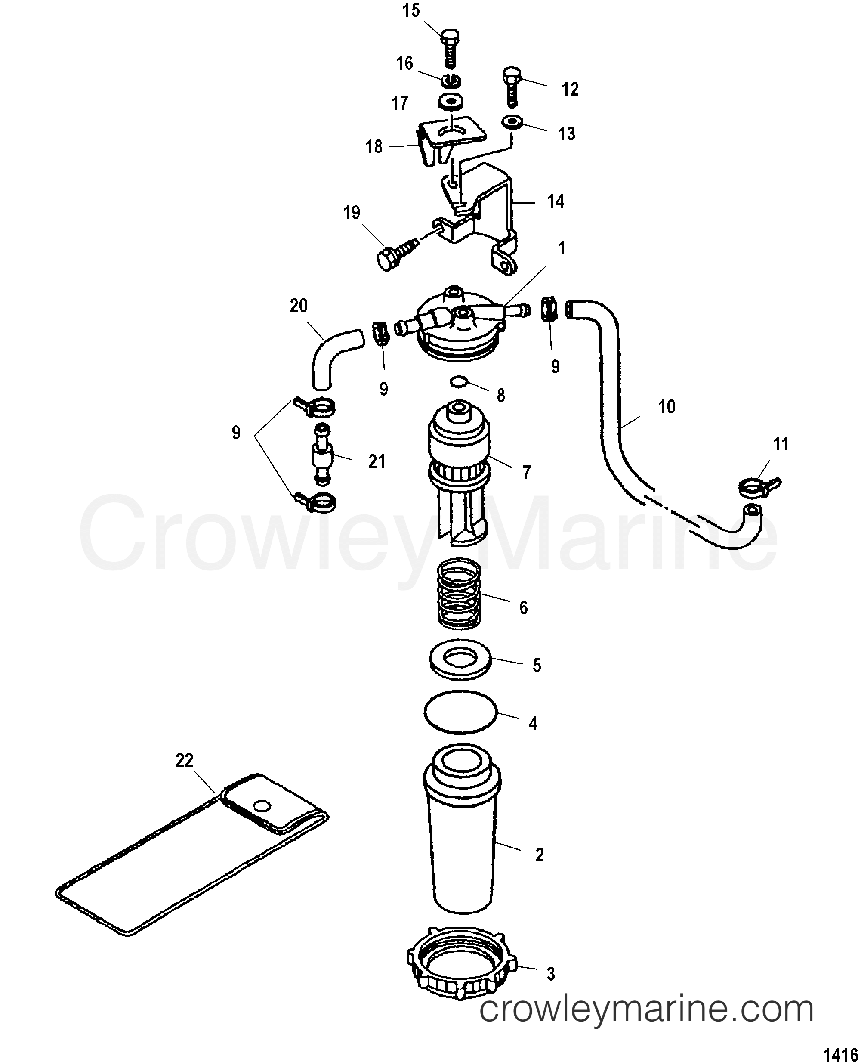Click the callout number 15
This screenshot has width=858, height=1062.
pos(411,11)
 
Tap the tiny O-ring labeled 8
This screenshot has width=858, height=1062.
pos(459,382)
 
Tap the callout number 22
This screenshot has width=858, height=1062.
pos(184,760)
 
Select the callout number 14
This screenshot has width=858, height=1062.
pos(556,202)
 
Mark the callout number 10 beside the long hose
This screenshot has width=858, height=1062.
pos(666,406)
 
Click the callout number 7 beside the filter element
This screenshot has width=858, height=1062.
pos(527,473)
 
